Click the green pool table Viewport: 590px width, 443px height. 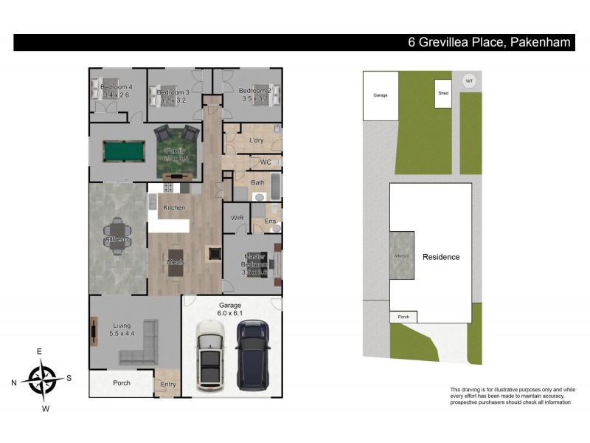coord(122,152)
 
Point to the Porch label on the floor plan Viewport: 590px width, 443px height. coord(121,383)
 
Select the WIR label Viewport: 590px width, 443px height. coord(237,219)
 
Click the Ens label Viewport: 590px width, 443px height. coord(270,221)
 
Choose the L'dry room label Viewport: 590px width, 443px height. coord(256,140)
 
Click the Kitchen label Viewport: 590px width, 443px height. coord(174,208)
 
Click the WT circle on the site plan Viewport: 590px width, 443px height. coord(468,80)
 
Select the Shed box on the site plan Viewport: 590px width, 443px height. coord(442,94)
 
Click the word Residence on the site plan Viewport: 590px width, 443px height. coord(441,257)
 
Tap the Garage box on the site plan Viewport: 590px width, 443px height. coord(381,95)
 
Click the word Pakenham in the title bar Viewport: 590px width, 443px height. coord(539,43)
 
